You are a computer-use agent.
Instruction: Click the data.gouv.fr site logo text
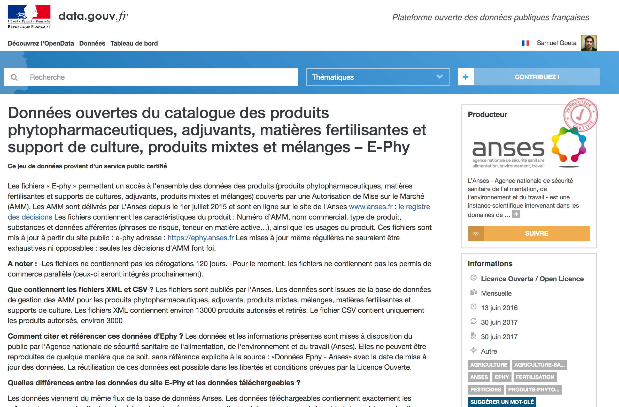click(93, 16)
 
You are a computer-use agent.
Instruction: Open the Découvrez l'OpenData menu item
click(41, 43)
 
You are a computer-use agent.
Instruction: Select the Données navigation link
click(92, 43)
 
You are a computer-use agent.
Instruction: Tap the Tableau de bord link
click(134, 43)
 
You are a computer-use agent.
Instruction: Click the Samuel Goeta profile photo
click(589, 43)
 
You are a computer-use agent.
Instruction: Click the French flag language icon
click(525, 43)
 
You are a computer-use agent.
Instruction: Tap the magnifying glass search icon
click(14, 77)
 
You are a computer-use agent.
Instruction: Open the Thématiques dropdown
click(377, 77)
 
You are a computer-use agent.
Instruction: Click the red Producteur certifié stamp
click(580, 115)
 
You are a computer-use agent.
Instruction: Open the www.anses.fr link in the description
click(370, 207)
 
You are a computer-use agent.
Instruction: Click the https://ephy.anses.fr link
click(200, 238)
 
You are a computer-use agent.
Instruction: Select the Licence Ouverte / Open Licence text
click(532, 279)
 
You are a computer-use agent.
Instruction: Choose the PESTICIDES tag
click(485, 390)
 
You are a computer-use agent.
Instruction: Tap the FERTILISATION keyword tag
click(535, 377)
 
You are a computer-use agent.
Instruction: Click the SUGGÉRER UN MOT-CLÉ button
click(502, 402)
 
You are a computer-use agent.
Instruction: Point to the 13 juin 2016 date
click(499, 308)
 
